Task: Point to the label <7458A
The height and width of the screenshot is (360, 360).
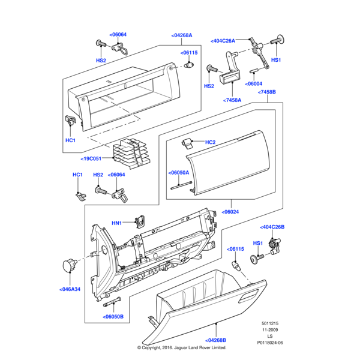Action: (x=232, y=100)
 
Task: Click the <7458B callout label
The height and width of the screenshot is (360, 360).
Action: (x=266, y=92)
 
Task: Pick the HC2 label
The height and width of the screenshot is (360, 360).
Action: (x=210, y=142)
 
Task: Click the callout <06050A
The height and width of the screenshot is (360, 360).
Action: (x=179, y=172)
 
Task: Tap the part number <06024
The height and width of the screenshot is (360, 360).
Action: (x=230, y=211)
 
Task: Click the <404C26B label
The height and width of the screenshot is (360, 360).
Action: (x=272, y=227)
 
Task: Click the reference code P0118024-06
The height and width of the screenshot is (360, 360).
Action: (x=268, y=342)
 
